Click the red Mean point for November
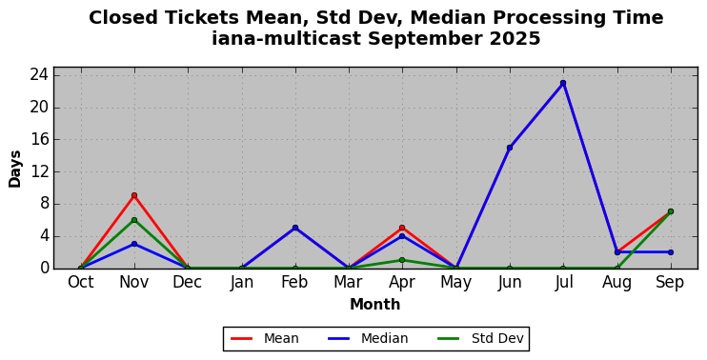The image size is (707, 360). pyautogui.click(x=134, y=195)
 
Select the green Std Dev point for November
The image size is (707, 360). pyautogui.click(x=134, y=220)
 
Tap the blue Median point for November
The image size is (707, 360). pyautogui.click(x=134, y=244)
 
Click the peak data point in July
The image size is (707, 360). pyautogui.click(x=563, y=83)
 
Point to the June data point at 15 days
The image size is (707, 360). pyautogui.click(x=510, y=148)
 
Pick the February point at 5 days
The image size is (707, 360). pyautogui.click(x=295, y=228)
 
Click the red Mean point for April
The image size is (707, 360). pyautogui.click(x=402, y=228)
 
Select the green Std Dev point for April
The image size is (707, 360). pyautogui.click(x=402, y=260)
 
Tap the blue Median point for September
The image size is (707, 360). pyautogui.click(x=671, y=252)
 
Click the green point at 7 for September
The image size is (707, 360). pyautogui.click(x=671, y=211)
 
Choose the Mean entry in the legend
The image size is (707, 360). pyautogui.click(x=265, y=338)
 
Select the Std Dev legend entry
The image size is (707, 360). pyautogui.click(x=480, y=338)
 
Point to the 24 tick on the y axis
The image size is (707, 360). pyautogui.click(x=40, y=75)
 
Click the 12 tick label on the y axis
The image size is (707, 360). pyautogui.click(x=40, y=172)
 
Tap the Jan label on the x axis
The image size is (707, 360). pyautogui.click(x=242, y=283)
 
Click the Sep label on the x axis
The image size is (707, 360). pyautogui.click(x=670, y=283)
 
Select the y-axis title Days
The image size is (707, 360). pyautogui.click(x=15, y=169)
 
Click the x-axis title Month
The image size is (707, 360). pyautogui.click(x=375, y=305)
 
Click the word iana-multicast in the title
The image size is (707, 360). pyautogui.click(x=287, y=39)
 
